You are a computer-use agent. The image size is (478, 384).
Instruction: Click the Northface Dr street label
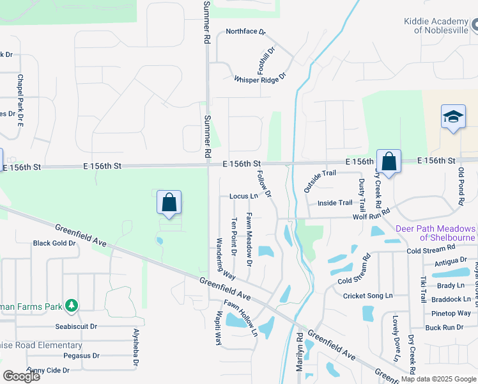[x=245, y=31]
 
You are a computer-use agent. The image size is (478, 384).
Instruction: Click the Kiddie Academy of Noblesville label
[x=436, y=26]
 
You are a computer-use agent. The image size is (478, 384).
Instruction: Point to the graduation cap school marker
[x=453, y=117]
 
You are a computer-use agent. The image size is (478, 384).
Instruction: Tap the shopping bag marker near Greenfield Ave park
[x=169, y=202]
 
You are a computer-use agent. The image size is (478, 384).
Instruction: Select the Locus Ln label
[x=243, y=196]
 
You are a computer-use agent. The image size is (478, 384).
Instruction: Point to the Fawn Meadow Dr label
[x=249, y=239]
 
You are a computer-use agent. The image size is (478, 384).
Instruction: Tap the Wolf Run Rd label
[x=371, y=217]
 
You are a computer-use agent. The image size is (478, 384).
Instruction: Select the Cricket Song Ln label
[x=367, y=296]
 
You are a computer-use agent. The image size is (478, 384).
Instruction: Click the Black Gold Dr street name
[x=54, y=243]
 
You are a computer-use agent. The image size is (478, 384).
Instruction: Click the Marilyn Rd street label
[x=298, y=362]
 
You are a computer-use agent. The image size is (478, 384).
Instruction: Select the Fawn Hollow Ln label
[x=240, y=318]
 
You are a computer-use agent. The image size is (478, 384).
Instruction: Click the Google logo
[x=21, y=376]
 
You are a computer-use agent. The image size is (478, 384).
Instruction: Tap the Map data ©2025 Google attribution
[x=438, y=379]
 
